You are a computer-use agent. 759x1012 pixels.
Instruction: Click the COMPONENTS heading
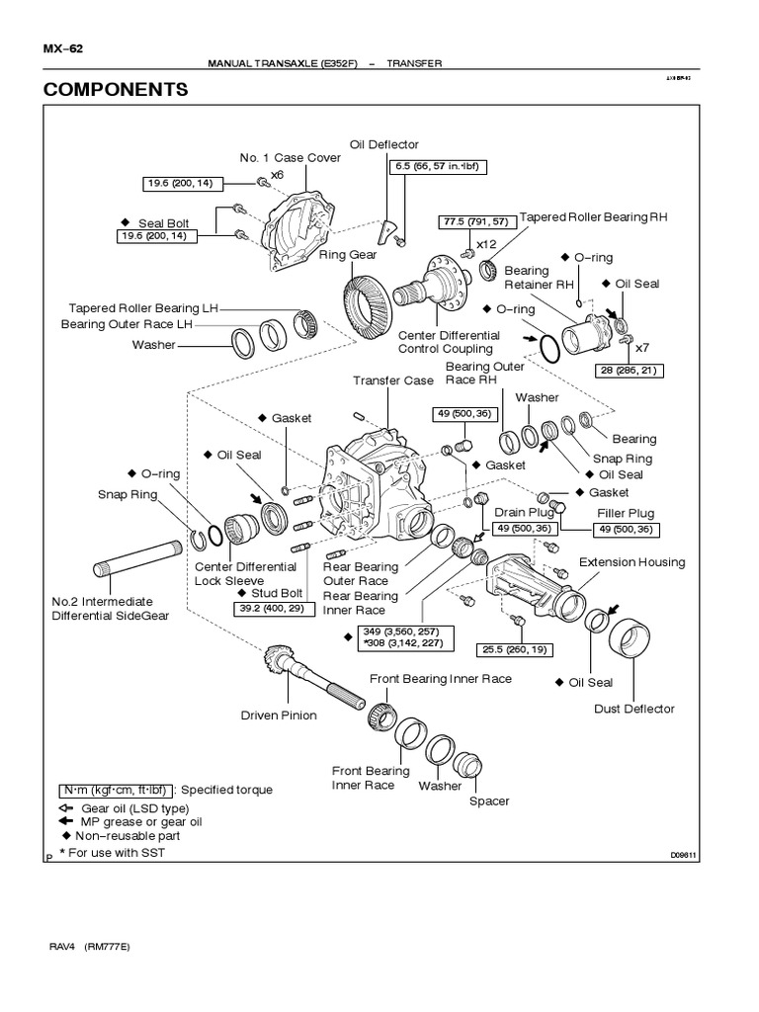pyautogui.click(x=116, y=90)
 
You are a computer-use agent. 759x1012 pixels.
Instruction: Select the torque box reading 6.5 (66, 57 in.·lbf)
pyautogui.click(x=435, y=167)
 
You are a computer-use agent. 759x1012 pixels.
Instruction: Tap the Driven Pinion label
pyautogui.click(x=279, y=715)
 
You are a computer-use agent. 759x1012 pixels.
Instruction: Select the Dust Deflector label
pyautogui.click(x=634, y=708)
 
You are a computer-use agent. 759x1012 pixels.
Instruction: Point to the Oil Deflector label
pyautogui.click(x=384, y=144)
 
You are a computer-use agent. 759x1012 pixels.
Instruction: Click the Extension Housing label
pyautogui.click(x=632, y=562)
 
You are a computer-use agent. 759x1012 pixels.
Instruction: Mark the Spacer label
pyautogui.click(x=489, y=801)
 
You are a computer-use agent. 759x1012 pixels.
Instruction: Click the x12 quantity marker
pyautogui.click(x=485, y=243)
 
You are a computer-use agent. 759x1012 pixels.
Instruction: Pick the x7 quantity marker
pyautogui.click(x=642, y=347)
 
